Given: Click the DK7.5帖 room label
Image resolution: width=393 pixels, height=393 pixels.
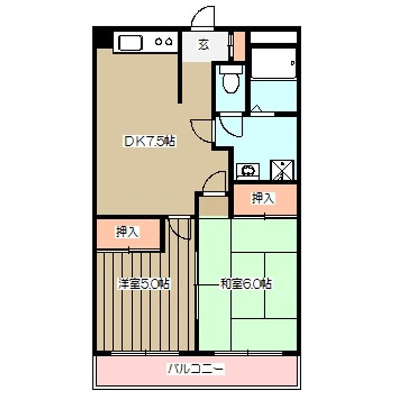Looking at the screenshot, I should point(148,142).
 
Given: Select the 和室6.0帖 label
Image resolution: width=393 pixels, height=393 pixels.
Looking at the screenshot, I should point(246,284).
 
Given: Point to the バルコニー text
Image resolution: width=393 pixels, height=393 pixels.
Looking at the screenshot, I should point(195,369).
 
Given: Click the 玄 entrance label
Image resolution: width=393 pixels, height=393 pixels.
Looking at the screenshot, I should point(203,45).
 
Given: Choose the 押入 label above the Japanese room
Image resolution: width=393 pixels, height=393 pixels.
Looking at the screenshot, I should point(263,199).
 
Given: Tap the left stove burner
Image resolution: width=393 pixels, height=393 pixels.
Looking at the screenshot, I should point(159,41).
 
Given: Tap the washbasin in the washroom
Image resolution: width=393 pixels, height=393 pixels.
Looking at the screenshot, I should point(248,170).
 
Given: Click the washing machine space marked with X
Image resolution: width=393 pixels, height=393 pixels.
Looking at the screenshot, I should point(283,170).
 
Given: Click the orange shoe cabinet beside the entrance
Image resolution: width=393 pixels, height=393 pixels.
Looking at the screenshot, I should point(239,46).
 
